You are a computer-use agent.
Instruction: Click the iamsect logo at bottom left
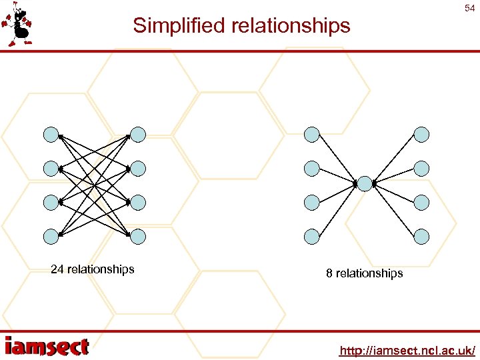pyautogui.click(x=47, y=346)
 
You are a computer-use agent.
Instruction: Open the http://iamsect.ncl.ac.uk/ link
pyautogui.click(x=407, y=350)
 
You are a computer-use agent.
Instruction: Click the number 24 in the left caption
pyautogui.click(x=57, y=269)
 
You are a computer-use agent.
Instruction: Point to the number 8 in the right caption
pyautogui.click(x=329, y=273)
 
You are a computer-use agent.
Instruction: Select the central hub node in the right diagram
pyautogui.click(x=364, y=183)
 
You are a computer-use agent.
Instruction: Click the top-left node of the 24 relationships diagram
pyautogui.click(x=51, y=135)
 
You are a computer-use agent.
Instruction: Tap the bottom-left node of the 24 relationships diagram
pyautogui.click(x=51, y=235)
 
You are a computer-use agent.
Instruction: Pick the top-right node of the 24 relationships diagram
pyautogui.click(x=137, y=135)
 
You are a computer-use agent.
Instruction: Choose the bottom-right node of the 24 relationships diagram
pyautogui.click(x=137, y=235)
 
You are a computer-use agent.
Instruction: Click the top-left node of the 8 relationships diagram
pyautogui.click(x=311, y=135)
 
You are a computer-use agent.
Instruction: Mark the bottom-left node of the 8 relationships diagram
pyautogui.click(x=311, y=235)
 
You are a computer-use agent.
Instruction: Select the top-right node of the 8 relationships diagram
pyautogui.click(x=421, y=135)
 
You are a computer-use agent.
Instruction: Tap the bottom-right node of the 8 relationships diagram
pyautogui.click(x=421, y=235)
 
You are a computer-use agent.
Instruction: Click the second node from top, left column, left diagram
pyautogui.click(x=51, y=168)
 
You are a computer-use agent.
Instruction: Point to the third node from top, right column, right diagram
pyautogui.click(x=421, y=201)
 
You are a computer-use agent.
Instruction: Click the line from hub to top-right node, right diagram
pyautogui.click(x=393, y=158)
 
